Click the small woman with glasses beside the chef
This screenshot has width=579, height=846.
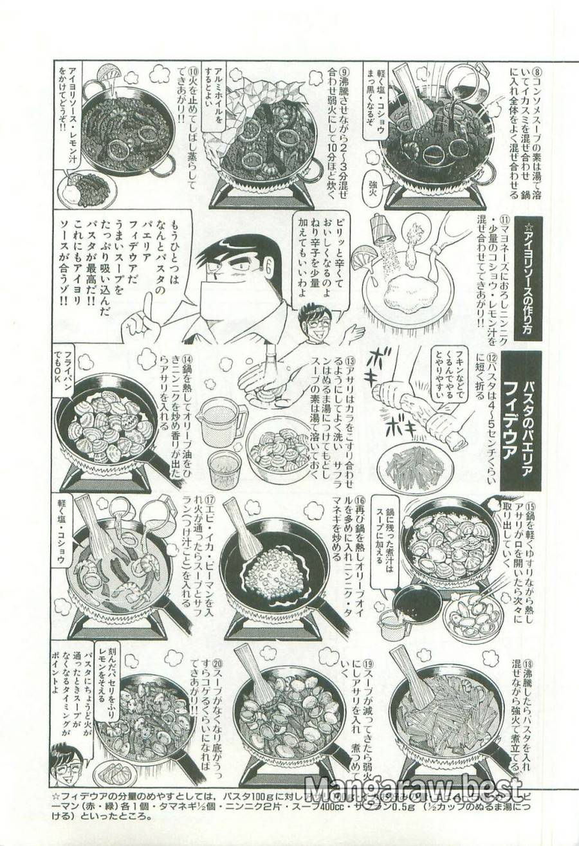pyautogui.click(x=315, y=321)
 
